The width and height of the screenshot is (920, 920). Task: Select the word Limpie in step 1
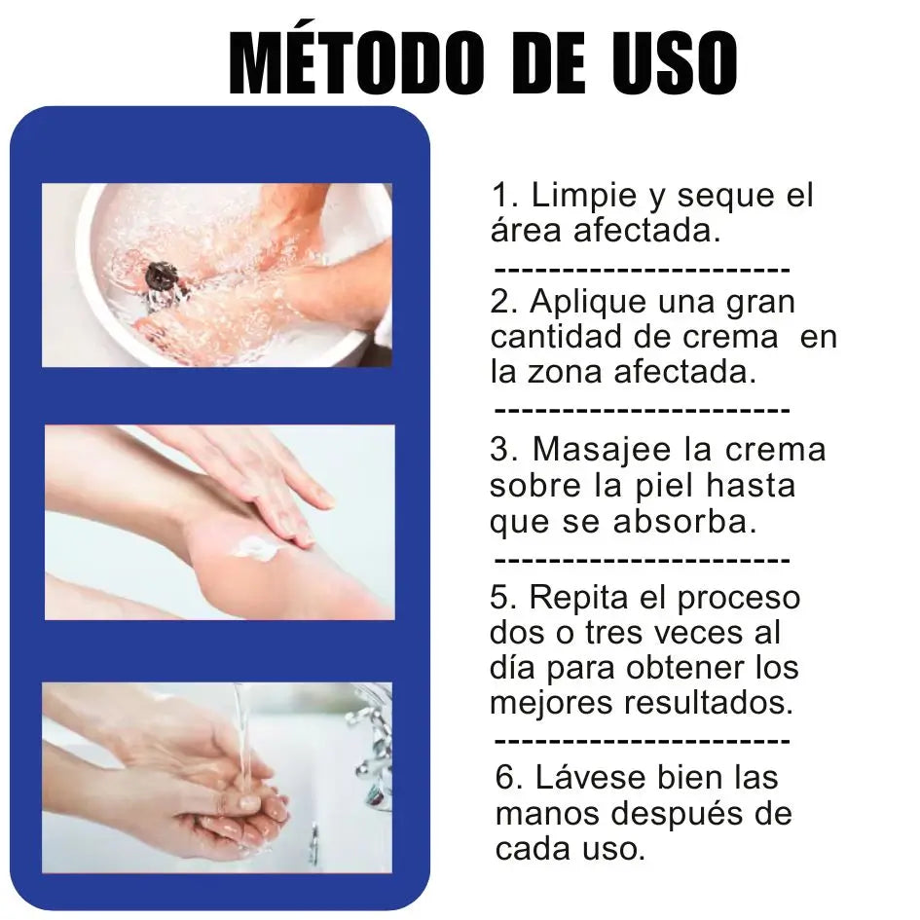point(583,196)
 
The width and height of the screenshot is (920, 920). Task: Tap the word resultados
point(707,702)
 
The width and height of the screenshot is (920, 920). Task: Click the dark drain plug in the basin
point(161,276)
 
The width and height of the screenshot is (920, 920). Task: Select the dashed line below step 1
point(643,271)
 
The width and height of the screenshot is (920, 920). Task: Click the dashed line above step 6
point(643,741)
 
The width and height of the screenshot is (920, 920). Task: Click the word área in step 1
point(526,229)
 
